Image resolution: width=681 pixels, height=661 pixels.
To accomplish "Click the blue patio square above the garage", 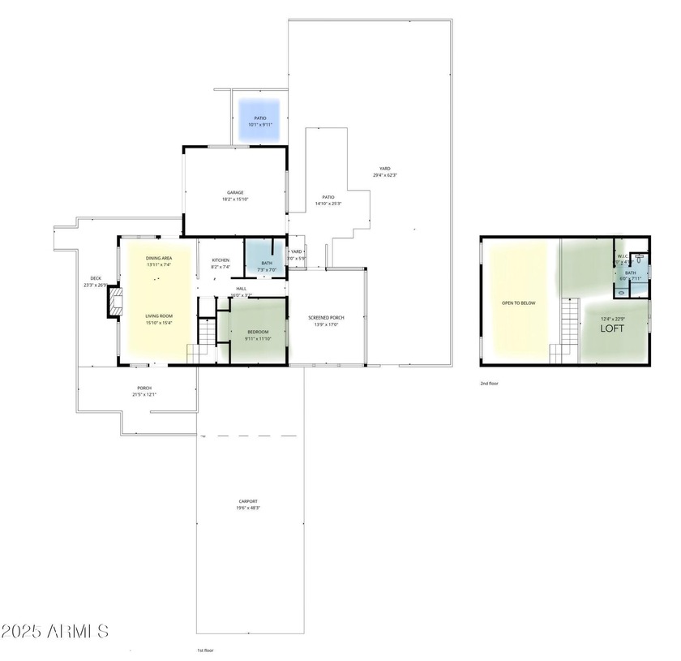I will (259, 121).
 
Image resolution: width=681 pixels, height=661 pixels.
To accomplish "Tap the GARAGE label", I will (235, 193).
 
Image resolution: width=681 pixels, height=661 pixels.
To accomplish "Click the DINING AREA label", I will (159, 258).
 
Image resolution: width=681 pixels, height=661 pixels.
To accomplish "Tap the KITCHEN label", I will (221, 260).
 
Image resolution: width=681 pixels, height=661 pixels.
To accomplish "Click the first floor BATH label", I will (267, 263).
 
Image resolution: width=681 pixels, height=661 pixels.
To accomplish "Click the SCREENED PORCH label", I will (327, 317).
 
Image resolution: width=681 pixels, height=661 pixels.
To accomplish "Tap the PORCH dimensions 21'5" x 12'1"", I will (144, 395).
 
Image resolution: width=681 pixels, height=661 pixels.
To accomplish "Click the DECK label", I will (95, 278).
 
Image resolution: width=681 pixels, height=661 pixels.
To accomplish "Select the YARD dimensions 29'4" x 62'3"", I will (385, 175).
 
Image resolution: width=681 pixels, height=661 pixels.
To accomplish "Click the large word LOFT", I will (613, 330).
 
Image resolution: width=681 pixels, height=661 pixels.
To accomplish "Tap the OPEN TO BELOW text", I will (519, 303).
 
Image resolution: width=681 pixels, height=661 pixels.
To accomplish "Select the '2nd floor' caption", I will (490, 383).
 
